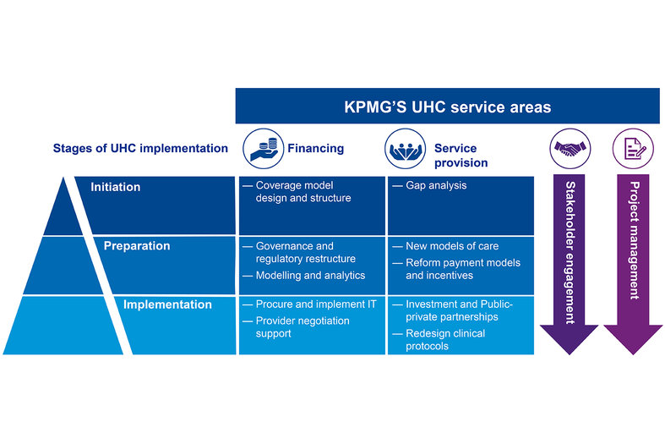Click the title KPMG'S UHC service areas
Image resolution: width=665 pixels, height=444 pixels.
coord(448,107)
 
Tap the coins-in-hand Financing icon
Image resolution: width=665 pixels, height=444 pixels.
coord(260,148)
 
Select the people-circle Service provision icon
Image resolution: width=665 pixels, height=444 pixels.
coord(406,148)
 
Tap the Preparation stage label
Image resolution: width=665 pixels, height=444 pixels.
coord(137,246)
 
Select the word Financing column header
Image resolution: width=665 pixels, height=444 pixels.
coord(316,148)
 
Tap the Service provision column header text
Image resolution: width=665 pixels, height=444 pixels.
coord(461,155)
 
